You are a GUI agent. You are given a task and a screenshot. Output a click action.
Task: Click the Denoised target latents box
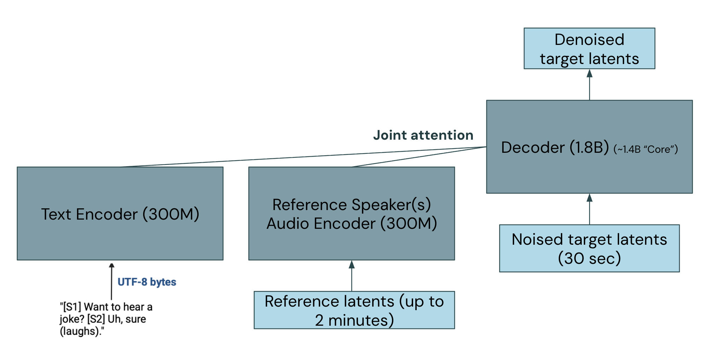pyautogui.click(x=589, y=48)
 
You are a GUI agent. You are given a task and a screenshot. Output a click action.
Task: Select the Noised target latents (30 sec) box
pyautogui.click(x=589, y=248)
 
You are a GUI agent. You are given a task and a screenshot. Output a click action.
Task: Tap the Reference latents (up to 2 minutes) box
pyautogui.click(x=354, y=310)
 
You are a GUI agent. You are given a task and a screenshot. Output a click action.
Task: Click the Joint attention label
pyautogui.click(x=423, y=135)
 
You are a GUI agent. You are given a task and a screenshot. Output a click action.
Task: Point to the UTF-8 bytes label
pyautogui.click(x=147, y=282)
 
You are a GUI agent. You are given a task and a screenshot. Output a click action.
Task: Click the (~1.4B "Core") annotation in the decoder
pyautogui.click(x=646, y=149)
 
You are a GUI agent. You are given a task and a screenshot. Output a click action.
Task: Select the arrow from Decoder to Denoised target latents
pyautogui.click(x=589, y=85)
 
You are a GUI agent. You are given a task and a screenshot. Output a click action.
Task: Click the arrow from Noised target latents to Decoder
pyautogui.click(x=589, y=209)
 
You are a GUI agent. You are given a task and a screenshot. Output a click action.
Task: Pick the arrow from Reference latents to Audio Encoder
pyautogui.click(x=352, y=276)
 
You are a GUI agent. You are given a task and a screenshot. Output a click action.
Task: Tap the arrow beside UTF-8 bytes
pyautogui.click(x=111, y=281)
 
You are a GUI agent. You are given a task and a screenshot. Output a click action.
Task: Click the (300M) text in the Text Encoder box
pyautogui.click(x=171, y=214)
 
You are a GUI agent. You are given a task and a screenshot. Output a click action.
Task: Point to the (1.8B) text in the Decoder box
pyautogui.click(x=589, y=147)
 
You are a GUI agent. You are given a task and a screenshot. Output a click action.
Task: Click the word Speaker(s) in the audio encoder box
pyautogui.click(x=391, y=205)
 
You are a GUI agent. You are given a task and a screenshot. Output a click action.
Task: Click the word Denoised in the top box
pyautogui.click(x=589, y=39)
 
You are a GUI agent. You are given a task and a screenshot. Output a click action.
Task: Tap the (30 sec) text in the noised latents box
pyautogui.click(x=589, y=258)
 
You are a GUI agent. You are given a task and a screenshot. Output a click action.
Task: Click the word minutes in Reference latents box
pyautogui.click(x=360, y=320)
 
